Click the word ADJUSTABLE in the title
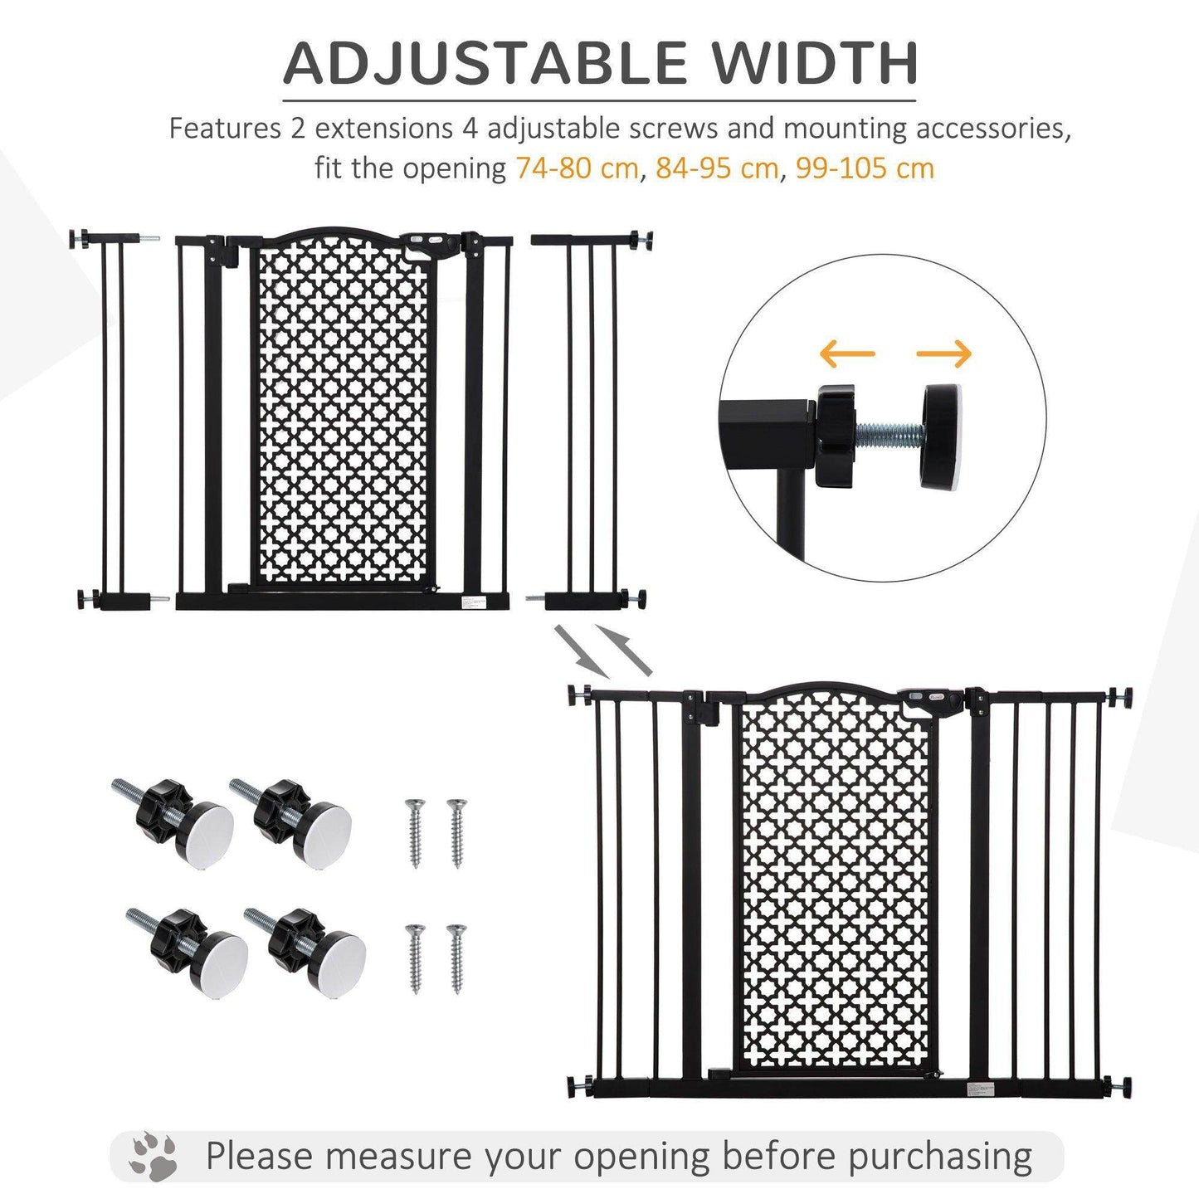pyautogui.click(x=485, y=62)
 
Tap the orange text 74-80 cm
pyautogui.click(x=577, y=168)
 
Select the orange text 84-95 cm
pyautogui.click(x=717, y=168)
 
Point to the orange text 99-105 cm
pyautogui.click(x=865, y=168)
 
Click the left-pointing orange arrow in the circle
pyautogui.click(x=846, y=353)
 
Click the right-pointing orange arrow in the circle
pyautogui.click(x=944, y=353)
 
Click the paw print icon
pyautogui.click(x=153, y=1155)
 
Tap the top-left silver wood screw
pyautogui.click(x=415, y=832)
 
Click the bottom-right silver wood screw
pyautogui.click(x=456, y=958)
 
